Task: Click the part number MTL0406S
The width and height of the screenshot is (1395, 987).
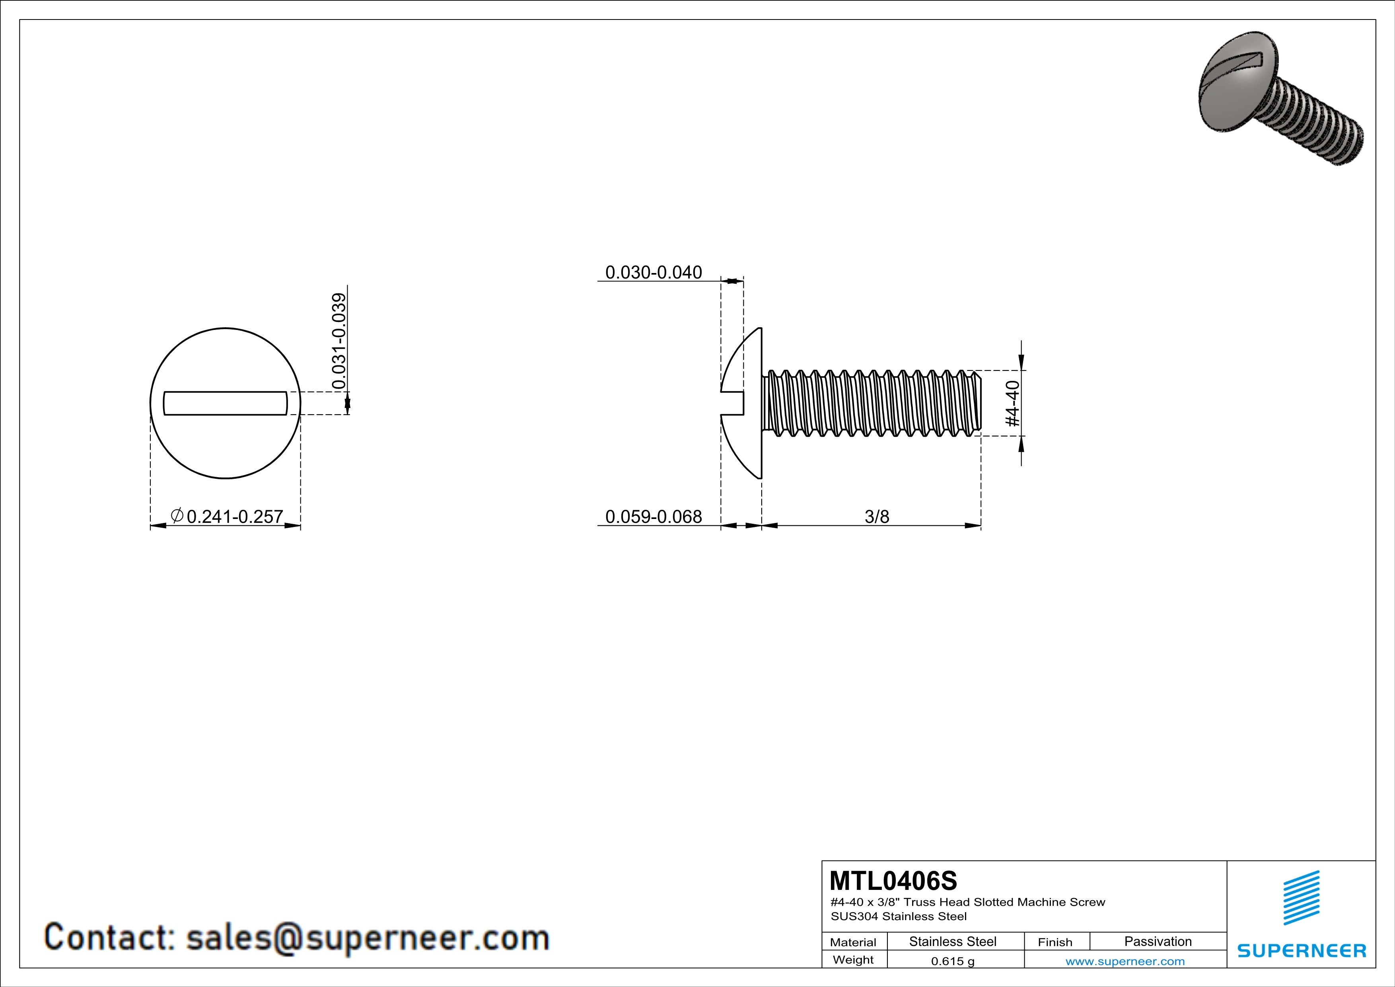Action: point(893,881)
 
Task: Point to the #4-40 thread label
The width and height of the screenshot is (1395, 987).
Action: point(1013,404)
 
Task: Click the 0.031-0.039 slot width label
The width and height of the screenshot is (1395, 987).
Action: point(339,341)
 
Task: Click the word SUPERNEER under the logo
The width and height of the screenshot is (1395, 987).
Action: point(1302,950)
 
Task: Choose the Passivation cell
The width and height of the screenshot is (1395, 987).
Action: point(1158,941)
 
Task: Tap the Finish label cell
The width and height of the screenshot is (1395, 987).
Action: point(1055,942)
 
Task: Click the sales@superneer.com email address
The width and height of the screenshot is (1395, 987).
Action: point(368,937)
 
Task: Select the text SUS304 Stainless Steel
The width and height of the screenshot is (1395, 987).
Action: point(899,917)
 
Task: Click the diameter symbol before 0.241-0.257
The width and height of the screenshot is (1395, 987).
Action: point(177,516)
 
